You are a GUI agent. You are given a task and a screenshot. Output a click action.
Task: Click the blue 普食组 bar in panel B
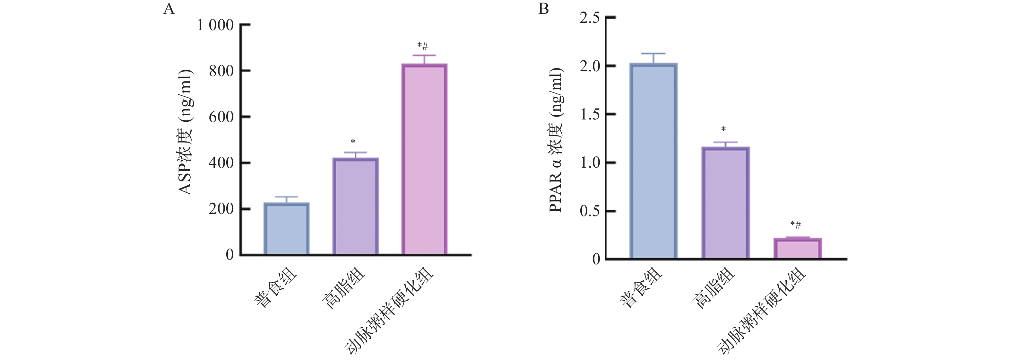653,161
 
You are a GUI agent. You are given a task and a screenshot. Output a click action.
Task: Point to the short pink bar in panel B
798,249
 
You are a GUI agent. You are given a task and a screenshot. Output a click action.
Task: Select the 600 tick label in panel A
221,117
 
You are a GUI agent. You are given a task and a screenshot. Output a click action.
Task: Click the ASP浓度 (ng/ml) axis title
185,132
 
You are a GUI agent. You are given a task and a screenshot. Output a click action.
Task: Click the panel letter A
169,9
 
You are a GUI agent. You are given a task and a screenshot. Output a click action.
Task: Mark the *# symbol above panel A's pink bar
423,46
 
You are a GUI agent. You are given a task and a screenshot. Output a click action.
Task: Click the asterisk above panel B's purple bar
724,129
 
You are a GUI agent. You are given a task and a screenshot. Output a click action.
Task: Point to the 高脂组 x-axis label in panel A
343,289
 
